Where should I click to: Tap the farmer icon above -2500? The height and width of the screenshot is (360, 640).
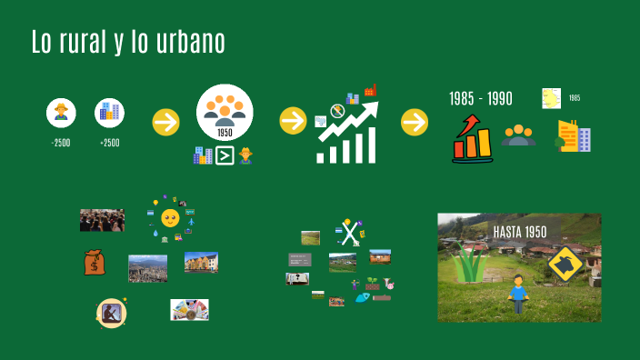point(61,113)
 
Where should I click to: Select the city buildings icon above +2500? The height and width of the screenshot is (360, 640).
point(109,113)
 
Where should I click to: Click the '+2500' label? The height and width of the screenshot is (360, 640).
point(109,143)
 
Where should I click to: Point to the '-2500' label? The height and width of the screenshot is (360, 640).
point(60,143)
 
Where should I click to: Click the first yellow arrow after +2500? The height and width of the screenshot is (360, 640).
point(165,121)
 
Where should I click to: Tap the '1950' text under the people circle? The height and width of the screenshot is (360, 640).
point(225,133)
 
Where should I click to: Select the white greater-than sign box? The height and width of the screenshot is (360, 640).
point(224,155)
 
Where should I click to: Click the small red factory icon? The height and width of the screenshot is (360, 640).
point(370,90)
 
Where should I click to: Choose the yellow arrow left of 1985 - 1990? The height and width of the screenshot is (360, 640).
point(415,121)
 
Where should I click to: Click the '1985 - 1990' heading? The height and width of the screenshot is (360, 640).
point(481,98)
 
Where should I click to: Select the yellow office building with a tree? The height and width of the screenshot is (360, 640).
point(574,136)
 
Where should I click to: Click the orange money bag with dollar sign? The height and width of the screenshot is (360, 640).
point(95,263)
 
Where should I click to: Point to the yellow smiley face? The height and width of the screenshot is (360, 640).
point(170,217)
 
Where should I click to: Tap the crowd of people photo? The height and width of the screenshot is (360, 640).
point(102,220)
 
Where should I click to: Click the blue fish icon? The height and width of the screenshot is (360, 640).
point(362,297)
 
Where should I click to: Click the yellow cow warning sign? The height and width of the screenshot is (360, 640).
point(565,264)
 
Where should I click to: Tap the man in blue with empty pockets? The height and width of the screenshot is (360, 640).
point(518,289)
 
